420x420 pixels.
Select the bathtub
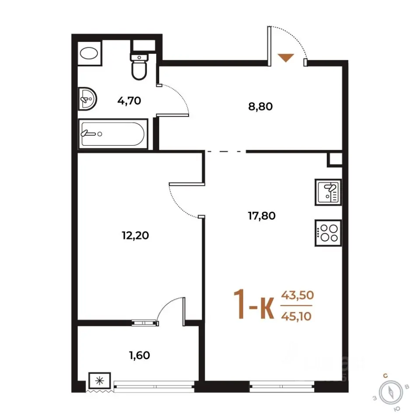tap(113, 134)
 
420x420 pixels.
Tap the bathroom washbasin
tap(87, 99)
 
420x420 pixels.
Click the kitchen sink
tap(328, 192)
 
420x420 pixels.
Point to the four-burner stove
tap(328, 233)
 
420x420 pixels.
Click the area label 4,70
tap(129, 101)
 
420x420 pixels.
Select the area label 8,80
tap(260, 107)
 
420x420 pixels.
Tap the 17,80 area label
tap(262, 216)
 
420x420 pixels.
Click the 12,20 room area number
tap(135, 236)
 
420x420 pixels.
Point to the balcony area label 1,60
tap(140, 355)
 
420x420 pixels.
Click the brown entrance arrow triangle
tap(286, 58)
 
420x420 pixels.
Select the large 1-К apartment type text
tap(254, 304)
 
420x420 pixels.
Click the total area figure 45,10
tap(296, 316)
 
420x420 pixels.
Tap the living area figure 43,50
tap(297, 295)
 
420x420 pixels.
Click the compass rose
tap(391, 393)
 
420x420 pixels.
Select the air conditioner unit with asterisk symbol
tap(100, 380)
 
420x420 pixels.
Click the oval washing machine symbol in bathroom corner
tap(89, 53)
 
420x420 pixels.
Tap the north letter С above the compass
tap(385, 376)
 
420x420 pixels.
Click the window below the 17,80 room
tap(281, 386)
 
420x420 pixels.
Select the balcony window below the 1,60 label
tap(154, 386)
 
